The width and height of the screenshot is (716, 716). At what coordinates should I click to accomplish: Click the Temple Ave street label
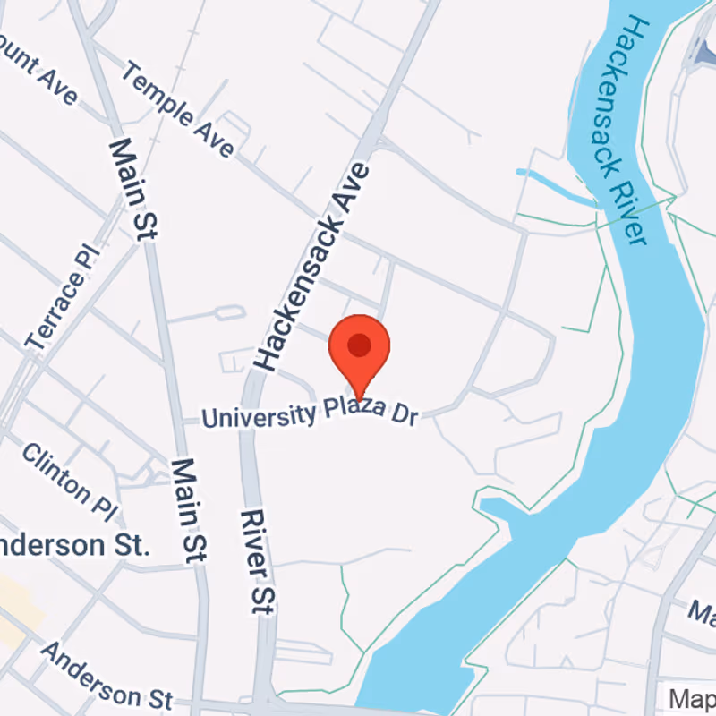click(178, 108)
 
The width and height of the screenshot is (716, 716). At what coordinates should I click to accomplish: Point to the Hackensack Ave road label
click(311, 266)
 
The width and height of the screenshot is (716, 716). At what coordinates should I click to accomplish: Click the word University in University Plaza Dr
click(258, 415)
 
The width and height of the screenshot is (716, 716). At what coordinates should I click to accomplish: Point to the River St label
click(256, 562)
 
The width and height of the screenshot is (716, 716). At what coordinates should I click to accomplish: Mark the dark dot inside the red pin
click(359, 345)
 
